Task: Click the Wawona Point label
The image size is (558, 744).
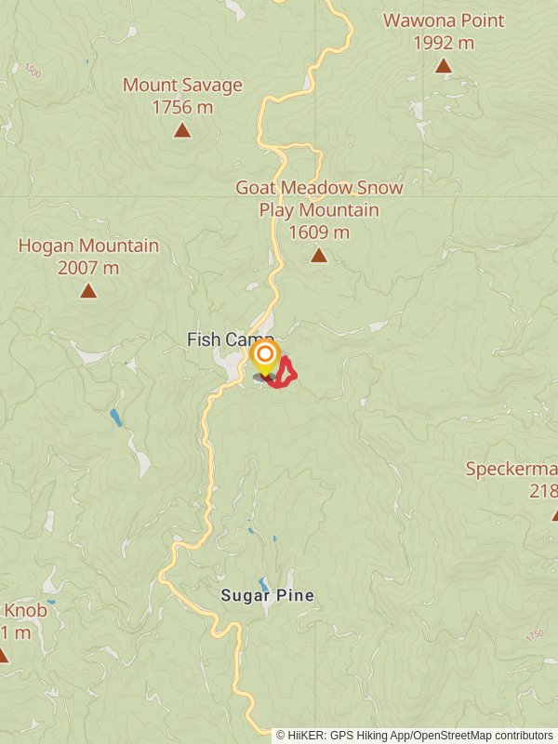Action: pyautogui.click(x=444, y=20)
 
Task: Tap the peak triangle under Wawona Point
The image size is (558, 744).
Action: pyautogui.click(x=444, y=65)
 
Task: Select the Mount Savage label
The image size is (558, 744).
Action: pyautogui.click(x=182, y=86)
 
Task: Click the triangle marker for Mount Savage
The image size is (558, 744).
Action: pyautogui.click(x=182, y=130)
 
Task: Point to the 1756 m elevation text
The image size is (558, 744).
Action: pyautogui.click(x=182, y=107)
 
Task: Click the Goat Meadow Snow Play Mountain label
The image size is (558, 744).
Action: pyautogui.click(x=319, y=199)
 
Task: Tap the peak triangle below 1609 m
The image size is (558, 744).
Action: pyautogui.click(x=319, y=255)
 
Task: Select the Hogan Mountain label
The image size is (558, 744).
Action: pyautogui.click(x=88, y=246)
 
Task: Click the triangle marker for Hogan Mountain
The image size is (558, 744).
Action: pyautogui.click(x=88, y=291)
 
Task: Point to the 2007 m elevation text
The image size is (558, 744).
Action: pyautogui.click(x=88, y=269)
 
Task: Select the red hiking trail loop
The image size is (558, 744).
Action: pyautogui.click(x=287, y=372)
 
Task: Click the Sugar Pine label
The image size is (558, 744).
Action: pyautogui.click(x=267, y=595)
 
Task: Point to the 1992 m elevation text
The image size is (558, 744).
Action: pyautogui.click(x=444, y=42)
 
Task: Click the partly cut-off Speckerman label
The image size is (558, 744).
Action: pyautogui.click(x=511, y=469)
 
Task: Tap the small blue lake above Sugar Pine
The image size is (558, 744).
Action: pyautogui.click(x=264, y=584)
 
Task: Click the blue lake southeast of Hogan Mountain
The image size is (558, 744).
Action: pyautogui.click(x=115, y=418)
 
